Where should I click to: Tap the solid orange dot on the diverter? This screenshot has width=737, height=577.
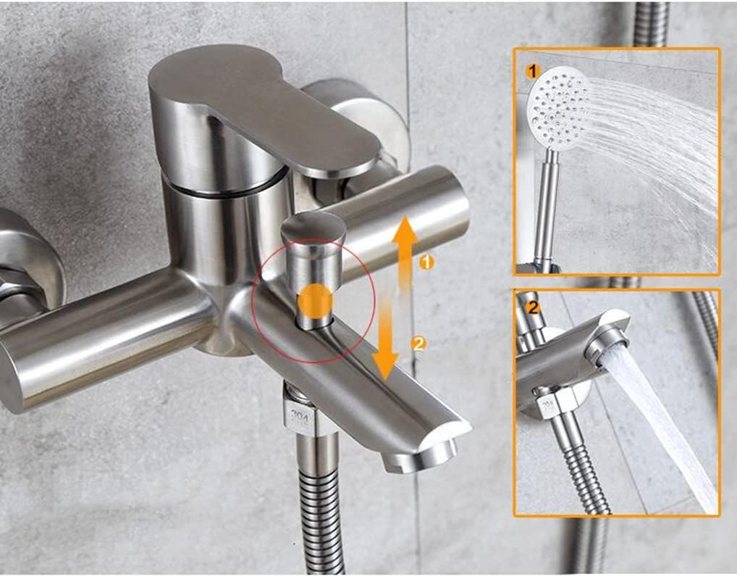coord(315,302)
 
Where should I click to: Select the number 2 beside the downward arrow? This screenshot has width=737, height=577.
coord(418,343)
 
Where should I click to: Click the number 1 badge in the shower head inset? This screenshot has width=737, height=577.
coord(534,71)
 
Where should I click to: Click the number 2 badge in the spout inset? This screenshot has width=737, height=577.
coord(534,307)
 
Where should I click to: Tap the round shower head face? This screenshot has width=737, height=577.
coord(557,109)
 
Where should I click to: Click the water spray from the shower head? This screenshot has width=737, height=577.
coord(652,145)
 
